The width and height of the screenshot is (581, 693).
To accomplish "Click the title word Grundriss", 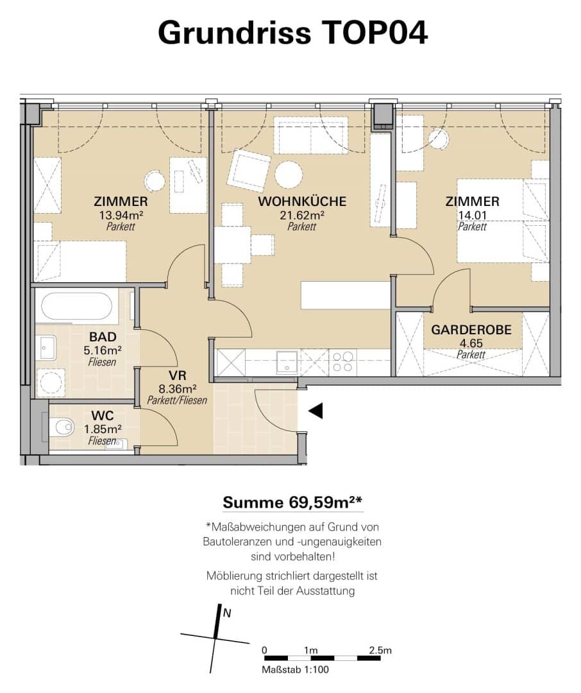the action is (x=234, y=33).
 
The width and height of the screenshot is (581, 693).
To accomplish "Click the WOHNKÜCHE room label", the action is (x=302, y=201).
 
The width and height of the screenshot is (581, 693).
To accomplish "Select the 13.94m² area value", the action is (x=121, y=215).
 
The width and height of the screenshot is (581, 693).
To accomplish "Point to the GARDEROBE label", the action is (x=471, y=330).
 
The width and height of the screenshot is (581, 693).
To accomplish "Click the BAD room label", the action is (x=103, y=337).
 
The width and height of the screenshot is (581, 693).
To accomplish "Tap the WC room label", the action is (x=103, y=415).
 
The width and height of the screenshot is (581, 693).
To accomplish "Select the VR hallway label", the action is (x=178, y=375).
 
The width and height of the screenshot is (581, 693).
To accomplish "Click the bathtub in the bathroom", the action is (x=76, y=306).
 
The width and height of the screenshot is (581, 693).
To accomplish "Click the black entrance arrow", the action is (x=316, y=411).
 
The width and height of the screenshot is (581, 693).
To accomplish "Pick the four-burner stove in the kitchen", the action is (x=343, y=361).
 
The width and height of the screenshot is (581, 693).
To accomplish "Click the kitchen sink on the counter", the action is (x=287, y=361).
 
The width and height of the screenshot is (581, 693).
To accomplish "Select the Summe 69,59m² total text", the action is (x=292, y=502).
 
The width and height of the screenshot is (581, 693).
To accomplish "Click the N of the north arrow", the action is (x=227, y=613).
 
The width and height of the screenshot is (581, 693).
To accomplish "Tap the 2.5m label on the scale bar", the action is (x=380, y=650).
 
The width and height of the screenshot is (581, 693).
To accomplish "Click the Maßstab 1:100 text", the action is (x=295, y=669).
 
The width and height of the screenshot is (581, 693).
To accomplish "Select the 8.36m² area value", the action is (x=178, y=389).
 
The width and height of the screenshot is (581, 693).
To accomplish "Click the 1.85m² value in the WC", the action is (x=103, y=429).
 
